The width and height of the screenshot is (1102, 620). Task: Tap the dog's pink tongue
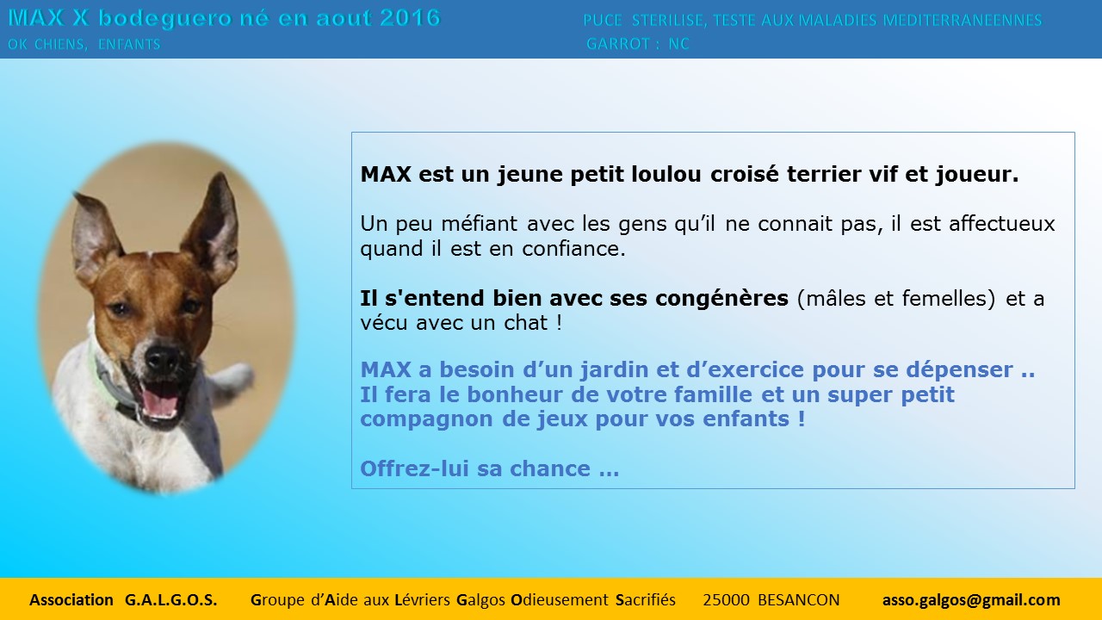click(x=160, y=404)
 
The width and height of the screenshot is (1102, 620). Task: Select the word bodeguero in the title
click(x=164, y=19)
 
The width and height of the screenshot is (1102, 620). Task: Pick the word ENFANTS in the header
click(x=129, y=44)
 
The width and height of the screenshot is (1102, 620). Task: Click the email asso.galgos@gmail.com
click(x=971, y=600)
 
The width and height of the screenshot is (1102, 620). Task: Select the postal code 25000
click(x=726, y=600)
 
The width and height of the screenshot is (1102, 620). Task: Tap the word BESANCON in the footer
click(x=798, y=600)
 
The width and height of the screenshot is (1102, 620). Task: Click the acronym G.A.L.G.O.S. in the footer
click(x=170, y=600)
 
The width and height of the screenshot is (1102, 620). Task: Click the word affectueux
click(x=1001, y=224)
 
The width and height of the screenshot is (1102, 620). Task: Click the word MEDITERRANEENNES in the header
click(x=963, y=21)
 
